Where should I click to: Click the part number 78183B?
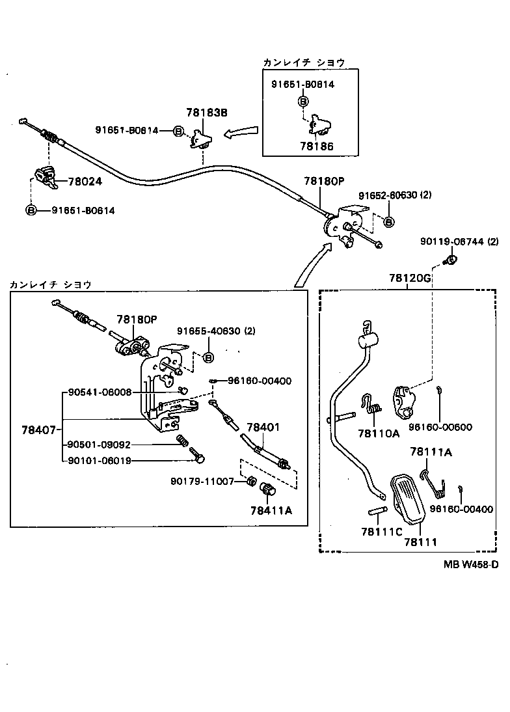(208, 112)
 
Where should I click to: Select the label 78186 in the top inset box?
(316, 147)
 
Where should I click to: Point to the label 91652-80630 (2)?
(395, 195)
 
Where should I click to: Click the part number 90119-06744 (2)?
(459, 241)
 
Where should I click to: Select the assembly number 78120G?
(410, 277)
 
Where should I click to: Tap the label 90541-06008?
(100, 392)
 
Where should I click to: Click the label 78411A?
(269, 510)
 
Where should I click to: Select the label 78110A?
(378, 432)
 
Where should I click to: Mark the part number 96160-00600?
(440, 428)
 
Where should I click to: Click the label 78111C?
(381, 531)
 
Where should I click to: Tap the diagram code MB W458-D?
(471, 564)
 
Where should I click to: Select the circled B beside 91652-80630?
(388, 222)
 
